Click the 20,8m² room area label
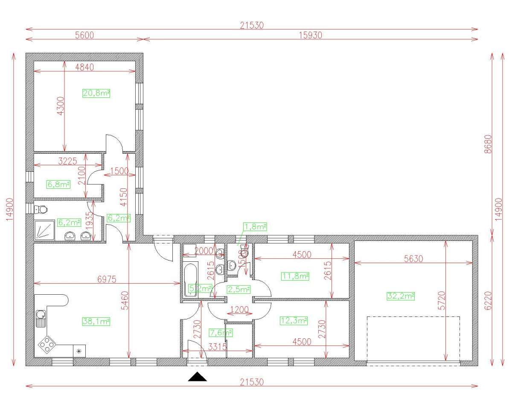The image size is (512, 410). (96, 93)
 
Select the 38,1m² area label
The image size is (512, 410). (96, 321)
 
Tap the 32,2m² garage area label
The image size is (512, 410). (401, 296)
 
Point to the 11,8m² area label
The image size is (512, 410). (295, 276)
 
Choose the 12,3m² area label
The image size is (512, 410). (294, 320)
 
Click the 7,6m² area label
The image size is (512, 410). (221, 332)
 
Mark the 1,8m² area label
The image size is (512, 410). (255, 226)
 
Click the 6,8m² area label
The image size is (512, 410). (58, 184)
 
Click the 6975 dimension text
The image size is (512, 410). (107, 279)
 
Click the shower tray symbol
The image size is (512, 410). (44, 231)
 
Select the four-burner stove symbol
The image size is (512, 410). (47, 343)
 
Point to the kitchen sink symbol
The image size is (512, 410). (41, 317)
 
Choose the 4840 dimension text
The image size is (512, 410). (84, 67)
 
